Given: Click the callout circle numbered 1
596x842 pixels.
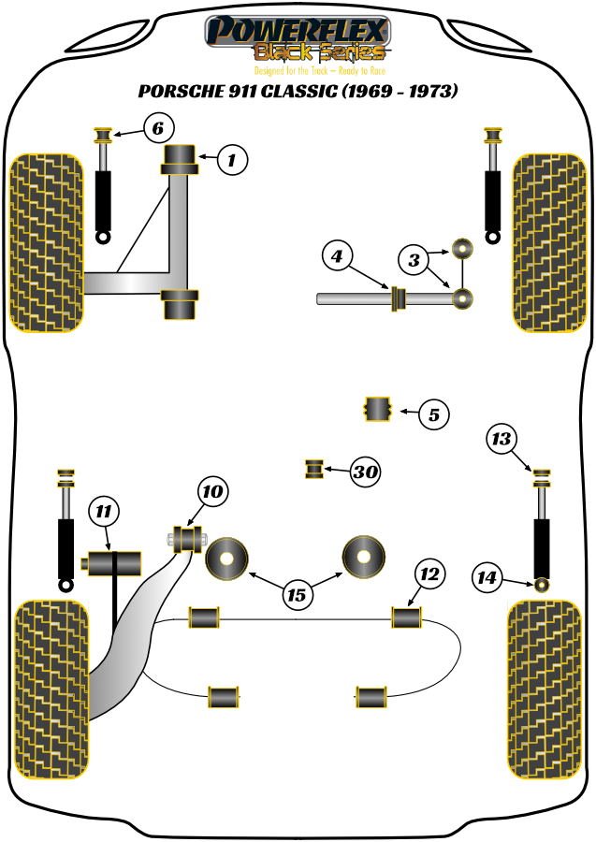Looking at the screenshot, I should coord(232,161).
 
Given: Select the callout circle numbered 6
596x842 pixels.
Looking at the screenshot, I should coord(158,127).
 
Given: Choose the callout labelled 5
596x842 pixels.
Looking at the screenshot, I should coord(433,414).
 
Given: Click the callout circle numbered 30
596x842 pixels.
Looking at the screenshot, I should coord(366,473).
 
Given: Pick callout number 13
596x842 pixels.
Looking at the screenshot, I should coord(502,439).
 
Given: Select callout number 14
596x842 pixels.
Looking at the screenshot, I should coord(486,578).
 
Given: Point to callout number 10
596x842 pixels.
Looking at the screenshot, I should coord(212,490).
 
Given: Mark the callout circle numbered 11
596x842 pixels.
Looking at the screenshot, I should coord(104,511).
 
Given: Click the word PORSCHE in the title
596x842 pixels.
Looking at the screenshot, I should coord(179,93).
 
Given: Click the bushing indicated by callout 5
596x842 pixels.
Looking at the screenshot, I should coord(377,410).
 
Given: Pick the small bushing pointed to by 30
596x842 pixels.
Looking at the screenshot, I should coord(315,467).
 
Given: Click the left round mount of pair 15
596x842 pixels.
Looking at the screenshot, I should coord(227,559).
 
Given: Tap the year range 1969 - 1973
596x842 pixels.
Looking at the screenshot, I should coord(400,93).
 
